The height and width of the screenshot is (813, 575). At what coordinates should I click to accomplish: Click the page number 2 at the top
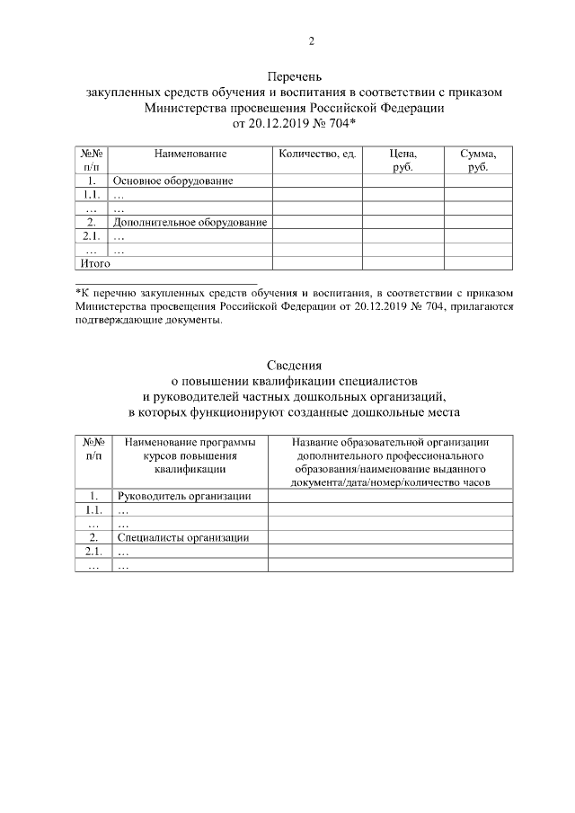point(311,40)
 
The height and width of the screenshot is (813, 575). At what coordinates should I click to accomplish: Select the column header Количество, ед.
point(317,155)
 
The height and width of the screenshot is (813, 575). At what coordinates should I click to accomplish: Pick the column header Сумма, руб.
point(478,161)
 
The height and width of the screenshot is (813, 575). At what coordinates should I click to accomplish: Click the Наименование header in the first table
point(190,155)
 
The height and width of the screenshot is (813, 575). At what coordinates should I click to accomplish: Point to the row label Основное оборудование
point(172,181)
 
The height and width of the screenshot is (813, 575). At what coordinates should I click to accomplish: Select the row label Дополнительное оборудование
point(190,222)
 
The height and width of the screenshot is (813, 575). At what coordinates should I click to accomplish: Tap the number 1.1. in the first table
point(91,195)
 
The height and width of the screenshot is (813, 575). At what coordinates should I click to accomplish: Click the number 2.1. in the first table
point(91,236)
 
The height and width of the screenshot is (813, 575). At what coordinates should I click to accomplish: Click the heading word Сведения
point(294,365)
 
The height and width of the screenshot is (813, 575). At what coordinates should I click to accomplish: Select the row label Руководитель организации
point(183,496)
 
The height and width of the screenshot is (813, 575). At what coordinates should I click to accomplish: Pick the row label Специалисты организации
point(182,538)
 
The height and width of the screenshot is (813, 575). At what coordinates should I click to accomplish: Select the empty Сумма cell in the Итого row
point(478,264)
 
